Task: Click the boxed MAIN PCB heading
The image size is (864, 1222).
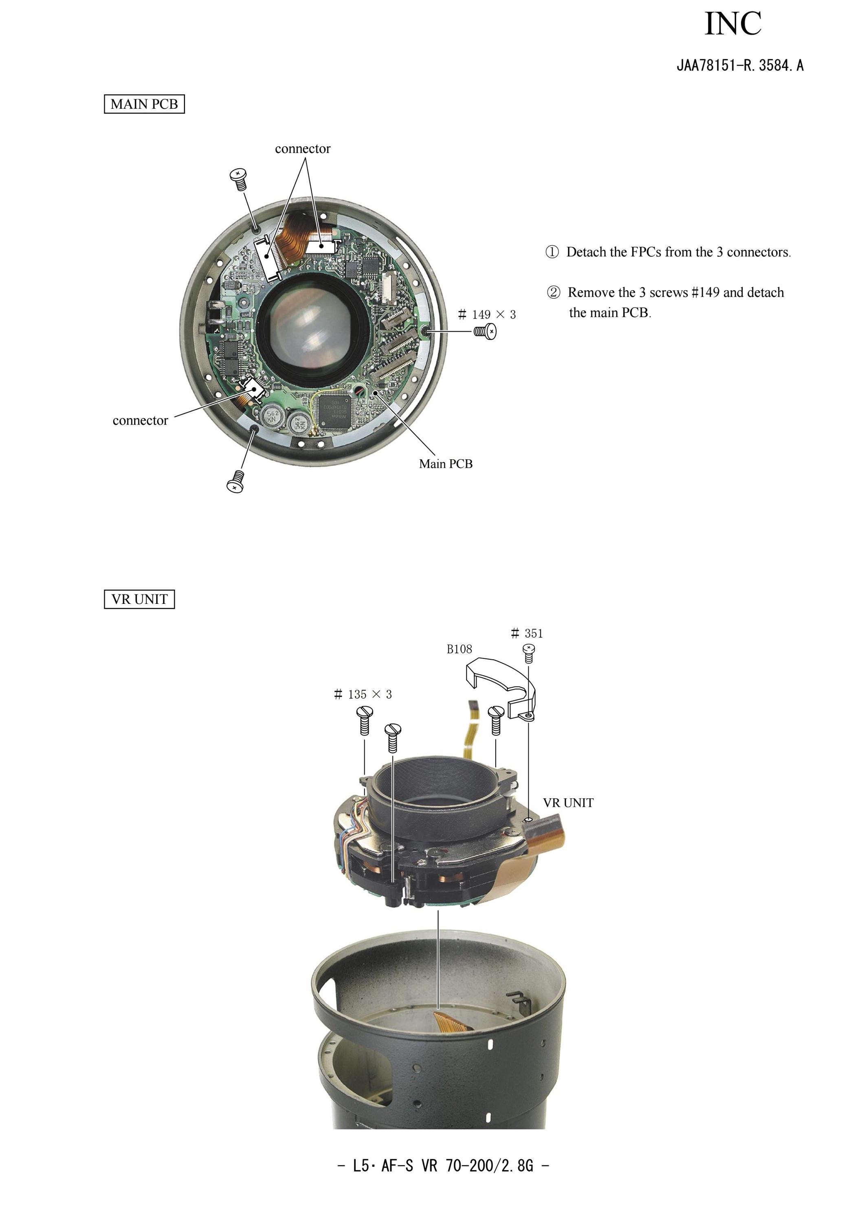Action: [x=144, y=104]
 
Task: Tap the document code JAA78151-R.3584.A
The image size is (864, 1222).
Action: [x=740, y=66]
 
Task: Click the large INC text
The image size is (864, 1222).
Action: [x=733, y=24]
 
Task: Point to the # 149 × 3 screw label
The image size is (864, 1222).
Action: [x=487, y=315]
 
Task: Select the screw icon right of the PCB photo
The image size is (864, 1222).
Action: [x=485, y=332]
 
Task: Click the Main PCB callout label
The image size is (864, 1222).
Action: [x=446, y=464]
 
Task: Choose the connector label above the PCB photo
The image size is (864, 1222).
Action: [x=303, y=149]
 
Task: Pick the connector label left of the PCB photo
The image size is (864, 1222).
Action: [x=141, y=421]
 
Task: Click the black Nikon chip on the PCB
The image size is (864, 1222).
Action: [x=334, y=412]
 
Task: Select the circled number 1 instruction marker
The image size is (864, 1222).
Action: [x=552, y=252]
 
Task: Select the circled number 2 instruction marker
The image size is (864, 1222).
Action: [x=553, y=292]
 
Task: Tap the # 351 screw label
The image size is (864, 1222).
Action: [x=527, y=633]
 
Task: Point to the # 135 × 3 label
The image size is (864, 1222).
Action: [x=363, y=694]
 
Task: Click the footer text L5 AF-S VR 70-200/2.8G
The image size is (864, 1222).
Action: [x=443, y=1166]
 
